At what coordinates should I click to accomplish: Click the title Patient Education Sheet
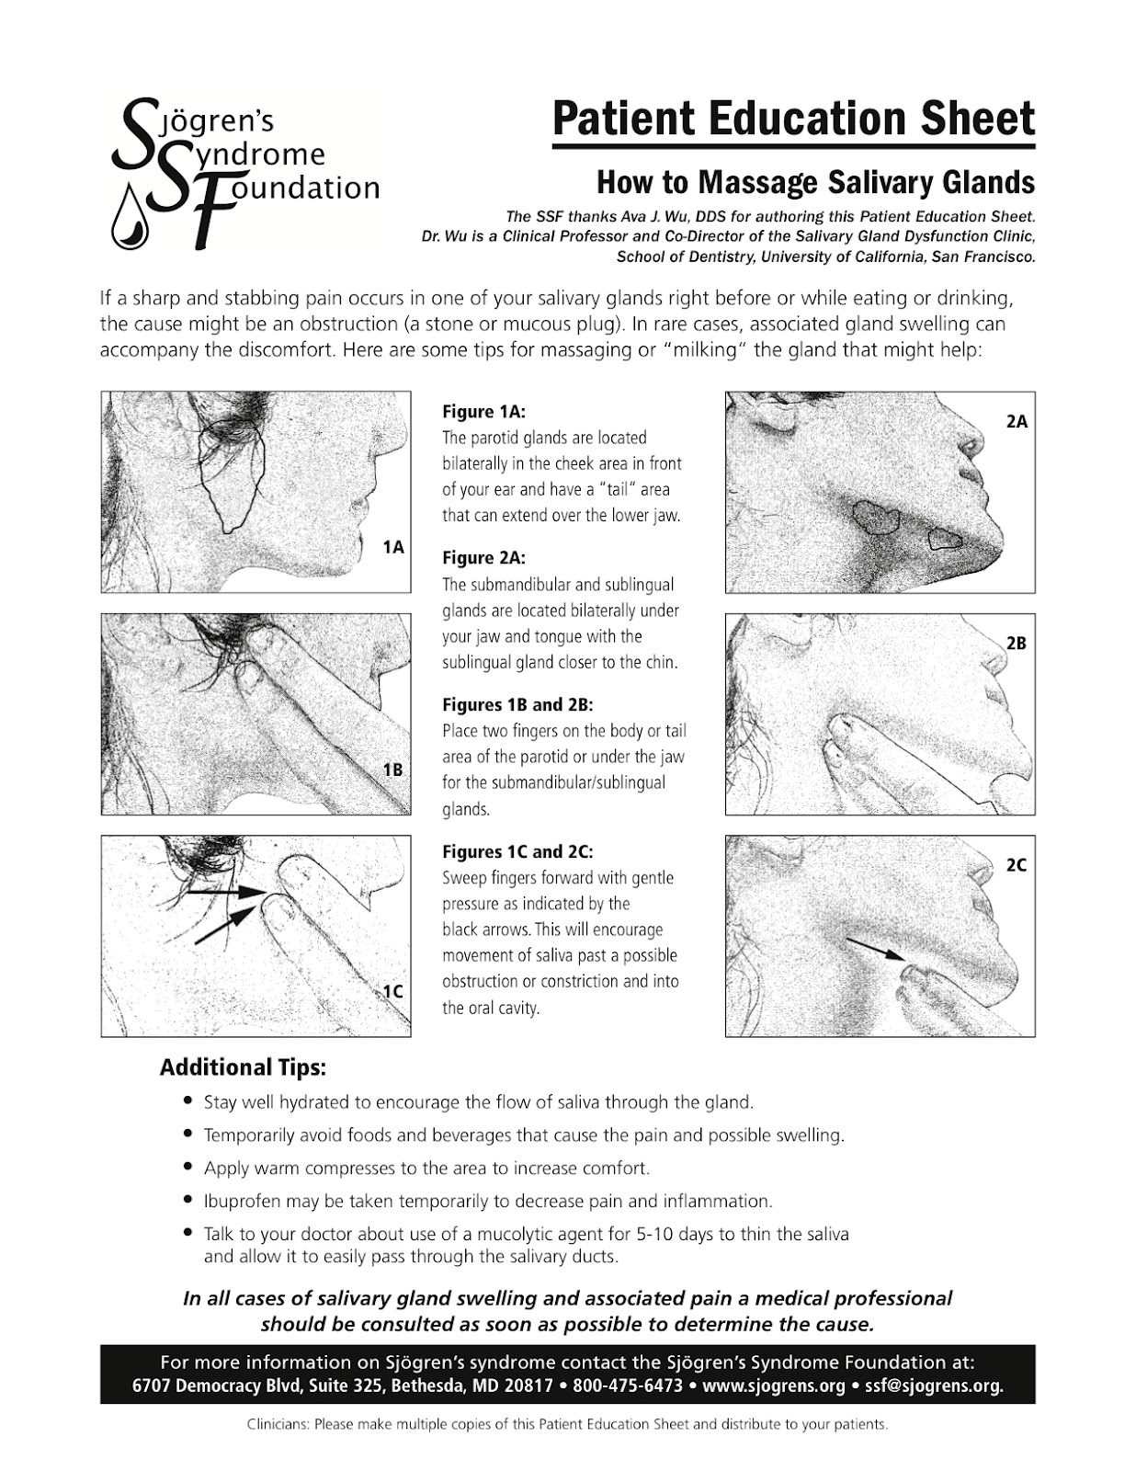click(794, 119)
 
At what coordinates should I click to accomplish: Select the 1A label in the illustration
click(393, 547)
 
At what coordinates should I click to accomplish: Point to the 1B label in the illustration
click(393, 770)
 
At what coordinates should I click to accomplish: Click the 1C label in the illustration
click(393, 992)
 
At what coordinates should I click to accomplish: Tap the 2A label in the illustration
click(1017, 422)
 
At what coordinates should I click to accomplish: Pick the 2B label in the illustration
click(1017, 644)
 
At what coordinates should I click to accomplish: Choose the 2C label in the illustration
click(1017, 865)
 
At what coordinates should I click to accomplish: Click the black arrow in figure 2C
click(877, 949)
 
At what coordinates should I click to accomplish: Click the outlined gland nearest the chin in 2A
click(945, 539)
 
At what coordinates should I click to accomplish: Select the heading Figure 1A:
click(483, 412)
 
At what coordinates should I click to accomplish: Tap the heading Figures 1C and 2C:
click(517, 851)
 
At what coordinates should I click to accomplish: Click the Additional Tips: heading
click(244, 1067)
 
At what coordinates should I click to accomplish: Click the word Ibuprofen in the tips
click(243, 1202)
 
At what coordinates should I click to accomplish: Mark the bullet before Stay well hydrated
click(188, 1101)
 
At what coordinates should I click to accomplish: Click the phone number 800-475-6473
click(628, 1385)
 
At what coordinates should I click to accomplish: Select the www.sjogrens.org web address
click(774, 1385)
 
